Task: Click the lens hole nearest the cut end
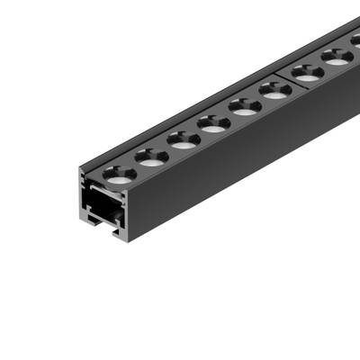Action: (119, 173)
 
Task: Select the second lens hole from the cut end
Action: (151, 157)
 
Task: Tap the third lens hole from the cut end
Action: (183, 140)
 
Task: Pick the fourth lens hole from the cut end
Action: (214, 123)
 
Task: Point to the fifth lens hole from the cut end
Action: (245, 106)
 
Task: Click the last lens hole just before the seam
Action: (275, 89)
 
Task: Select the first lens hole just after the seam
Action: (308, 73)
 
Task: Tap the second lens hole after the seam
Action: (338, 57)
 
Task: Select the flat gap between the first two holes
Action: (135, 166)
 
